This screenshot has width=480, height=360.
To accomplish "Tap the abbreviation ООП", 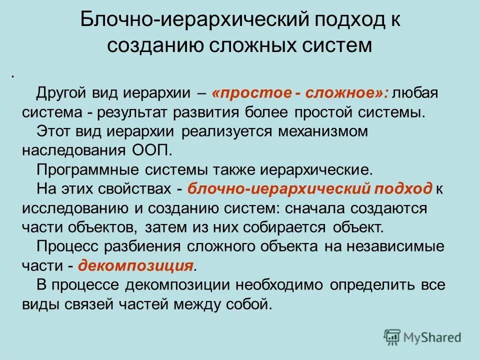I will click(154, 149).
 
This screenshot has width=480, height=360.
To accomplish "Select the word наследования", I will click(73, 149).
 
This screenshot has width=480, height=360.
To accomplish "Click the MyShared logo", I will click(423, 336).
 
